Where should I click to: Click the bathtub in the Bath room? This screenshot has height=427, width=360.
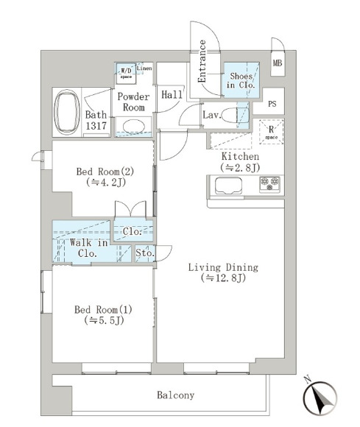point(67,112)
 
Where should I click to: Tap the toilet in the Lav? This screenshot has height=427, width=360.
point(235,115)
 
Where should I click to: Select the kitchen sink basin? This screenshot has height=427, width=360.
point(228,186)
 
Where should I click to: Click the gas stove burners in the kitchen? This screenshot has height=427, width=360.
point(269,184)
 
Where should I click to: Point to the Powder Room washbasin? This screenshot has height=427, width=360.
point(133,127)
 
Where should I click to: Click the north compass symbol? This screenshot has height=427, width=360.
point(320,397)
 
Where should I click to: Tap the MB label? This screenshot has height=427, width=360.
point(278,63)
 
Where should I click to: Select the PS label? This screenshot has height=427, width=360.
point(272,104)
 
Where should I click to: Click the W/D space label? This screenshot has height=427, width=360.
point(126,74)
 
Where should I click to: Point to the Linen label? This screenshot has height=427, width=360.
point(144,68)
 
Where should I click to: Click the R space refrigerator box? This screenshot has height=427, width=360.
point(271,132)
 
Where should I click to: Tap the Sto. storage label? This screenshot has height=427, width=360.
point(145,253)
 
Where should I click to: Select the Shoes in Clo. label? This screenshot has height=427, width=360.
point(241,80)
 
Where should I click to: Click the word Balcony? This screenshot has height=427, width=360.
point(176,395)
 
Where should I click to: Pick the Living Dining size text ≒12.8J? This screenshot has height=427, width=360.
point(224,278)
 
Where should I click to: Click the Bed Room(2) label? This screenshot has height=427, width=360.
point(105,172)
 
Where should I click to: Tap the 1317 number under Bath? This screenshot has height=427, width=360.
point(96,126)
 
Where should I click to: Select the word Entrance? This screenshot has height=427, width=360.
point(202,61)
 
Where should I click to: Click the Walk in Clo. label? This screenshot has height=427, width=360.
point(88,248)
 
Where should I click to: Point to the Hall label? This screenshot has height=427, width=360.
point(172,94)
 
